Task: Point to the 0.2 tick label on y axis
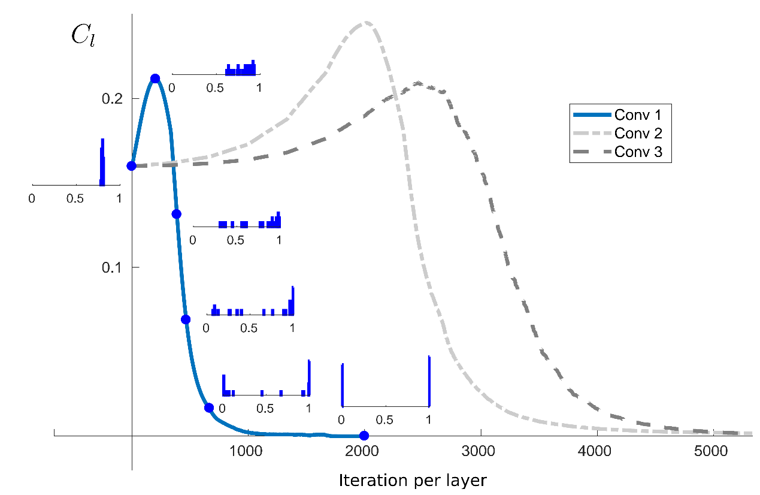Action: pyautogui.click(x=111, y=99)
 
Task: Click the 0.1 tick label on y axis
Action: pyautogui.click(x=111, y=267)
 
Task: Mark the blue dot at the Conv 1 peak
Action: pyautogui.click(x=155, y=79)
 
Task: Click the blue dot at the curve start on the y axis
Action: pyautogui.click(x=132, y=165)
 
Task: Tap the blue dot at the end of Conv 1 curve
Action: pyautogui.click(x=364, y=435)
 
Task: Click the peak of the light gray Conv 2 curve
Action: pyautogui.click(x=365, y=23)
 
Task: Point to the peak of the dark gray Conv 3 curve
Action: pyautogui.click(x=417, y=83)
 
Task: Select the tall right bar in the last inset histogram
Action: pyautogui.click(x=429, y=382)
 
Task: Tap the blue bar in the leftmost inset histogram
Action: pyautogui.click(x=102, y=163)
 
